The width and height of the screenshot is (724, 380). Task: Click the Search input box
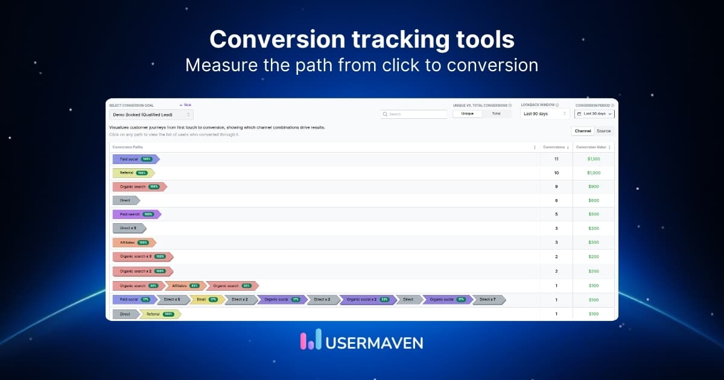pyautogui.click(x=414, y=114)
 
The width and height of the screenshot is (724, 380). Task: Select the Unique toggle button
pyautogui.click(x=467, y=113)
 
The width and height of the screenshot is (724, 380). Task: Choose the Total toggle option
pyautogui.click(x=496, y=113)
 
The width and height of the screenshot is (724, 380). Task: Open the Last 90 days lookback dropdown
pyautogui.click(x=545, y=113)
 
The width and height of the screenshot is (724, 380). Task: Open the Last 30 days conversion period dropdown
pyautogui.click(x=594, y=113)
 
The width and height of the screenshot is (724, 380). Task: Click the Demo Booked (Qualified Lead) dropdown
pyautogui.click(x=151, y=115)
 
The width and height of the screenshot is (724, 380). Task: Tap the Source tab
pyautogui.click(x=603, y=131)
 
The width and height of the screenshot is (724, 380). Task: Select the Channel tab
pyautogui.click(x=583, y=131)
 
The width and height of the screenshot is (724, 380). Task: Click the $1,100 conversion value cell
pyautogui.click(x=594, y=159)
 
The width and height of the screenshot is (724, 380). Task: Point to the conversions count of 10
pyautogui.click(x=556, y=173)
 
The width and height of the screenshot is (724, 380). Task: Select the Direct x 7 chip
pyautogui.click(x=488, y=299)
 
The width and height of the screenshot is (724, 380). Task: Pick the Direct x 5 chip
pyautogui.click(x=172, y=299)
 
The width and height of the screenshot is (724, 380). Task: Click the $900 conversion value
pyautogui.click(x=594, y=187)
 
